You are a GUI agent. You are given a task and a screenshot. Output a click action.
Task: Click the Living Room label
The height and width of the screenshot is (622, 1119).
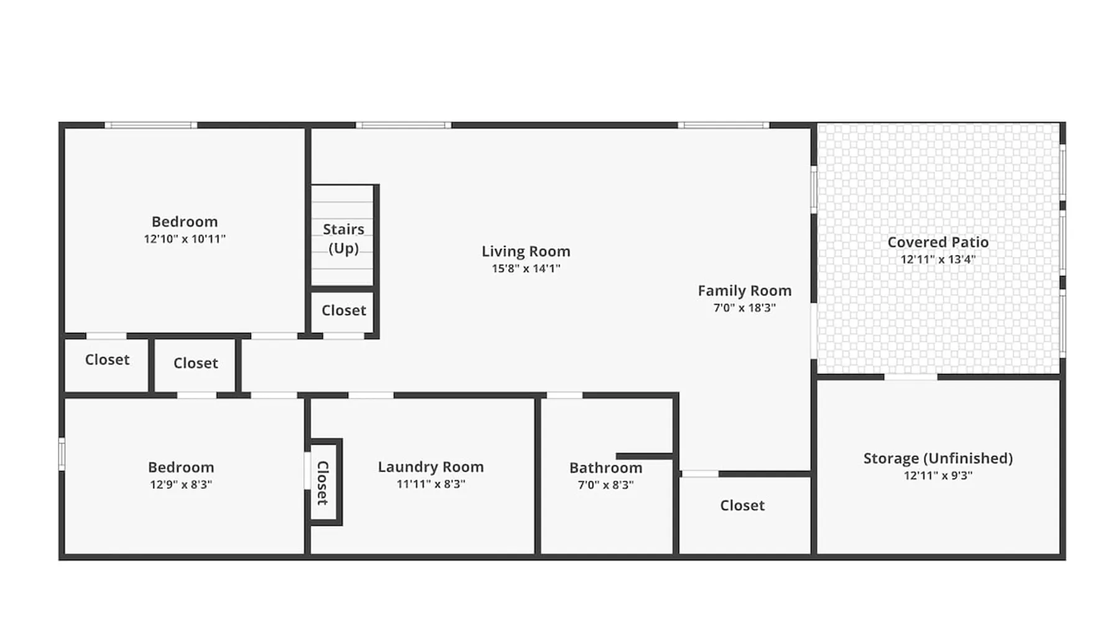[x=526, y=251]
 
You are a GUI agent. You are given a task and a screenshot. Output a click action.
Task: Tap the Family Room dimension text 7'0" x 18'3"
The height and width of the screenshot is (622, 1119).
[x=745, y=307]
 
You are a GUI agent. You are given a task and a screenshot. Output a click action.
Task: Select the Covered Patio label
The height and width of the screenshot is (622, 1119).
[x=938, y=242]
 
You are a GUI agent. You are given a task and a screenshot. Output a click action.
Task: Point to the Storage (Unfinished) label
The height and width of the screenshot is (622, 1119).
[x=938, y=458]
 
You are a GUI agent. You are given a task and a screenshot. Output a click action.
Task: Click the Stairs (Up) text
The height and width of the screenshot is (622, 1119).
[x=344, y=238]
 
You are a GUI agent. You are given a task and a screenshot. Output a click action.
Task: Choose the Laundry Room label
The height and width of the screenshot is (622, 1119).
[x=431, y=467]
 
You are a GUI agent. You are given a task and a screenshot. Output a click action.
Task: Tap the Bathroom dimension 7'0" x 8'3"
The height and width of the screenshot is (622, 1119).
[x=606, y=485]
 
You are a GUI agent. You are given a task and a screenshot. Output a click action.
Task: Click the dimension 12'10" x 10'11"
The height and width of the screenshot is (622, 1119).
[x=185, y=239]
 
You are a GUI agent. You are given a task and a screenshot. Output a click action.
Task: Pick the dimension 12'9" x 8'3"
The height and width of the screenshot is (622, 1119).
[x=181, y=485]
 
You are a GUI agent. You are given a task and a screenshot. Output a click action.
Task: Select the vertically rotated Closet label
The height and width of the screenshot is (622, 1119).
[x=323, y=483]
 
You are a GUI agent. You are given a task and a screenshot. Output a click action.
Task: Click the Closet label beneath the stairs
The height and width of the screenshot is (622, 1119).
[x=344, y=310]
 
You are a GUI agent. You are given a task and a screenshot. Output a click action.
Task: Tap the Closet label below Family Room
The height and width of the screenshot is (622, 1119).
[x=742, y=506]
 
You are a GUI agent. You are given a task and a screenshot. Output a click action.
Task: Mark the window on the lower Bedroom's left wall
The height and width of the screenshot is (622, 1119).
[x=62, y=454]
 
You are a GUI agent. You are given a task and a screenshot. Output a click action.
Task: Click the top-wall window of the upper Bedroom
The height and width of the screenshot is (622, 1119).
[x=150, y=125]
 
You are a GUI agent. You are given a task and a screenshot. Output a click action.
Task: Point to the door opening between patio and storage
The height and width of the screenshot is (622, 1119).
[x=911, y=377]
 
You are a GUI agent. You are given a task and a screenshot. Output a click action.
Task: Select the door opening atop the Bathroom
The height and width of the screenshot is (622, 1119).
[x=564, y=395]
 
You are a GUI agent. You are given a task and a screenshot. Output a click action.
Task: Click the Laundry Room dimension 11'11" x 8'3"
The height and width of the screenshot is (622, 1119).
[x=431, y=484]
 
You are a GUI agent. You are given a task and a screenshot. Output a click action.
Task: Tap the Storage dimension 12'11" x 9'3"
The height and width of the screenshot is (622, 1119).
[x=938, y=476]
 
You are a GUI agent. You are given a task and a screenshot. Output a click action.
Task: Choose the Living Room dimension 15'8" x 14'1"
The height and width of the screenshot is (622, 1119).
[x=526, y=269]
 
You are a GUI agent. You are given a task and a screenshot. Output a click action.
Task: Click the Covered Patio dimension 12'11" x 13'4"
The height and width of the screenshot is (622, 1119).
[x=938, y=259]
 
